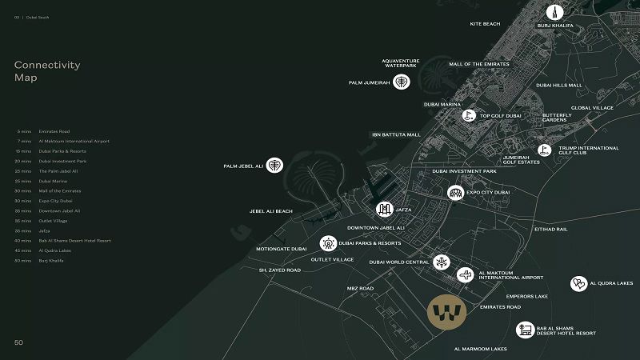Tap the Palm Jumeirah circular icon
tap(402, 82)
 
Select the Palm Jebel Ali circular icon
tap(274, 166)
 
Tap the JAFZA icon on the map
tap(384, 210)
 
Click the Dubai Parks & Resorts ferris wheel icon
tap(328, 243)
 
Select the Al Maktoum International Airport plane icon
tap(464, 275)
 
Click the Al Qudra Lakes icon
tap(578, 283)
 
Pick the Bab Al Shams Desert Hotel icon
tap(525, 329)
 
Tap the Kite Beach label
tap(486, 24)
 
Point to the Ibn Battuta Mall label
tap(396, 134)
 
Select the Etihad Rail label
tap(550, 229)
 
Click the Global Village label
tap(592, 108)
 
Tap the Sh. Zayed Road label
tap(280, 270)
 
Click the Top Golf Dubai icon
tap(468, 116)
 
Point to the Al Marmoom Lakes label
tap(480, 349)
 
